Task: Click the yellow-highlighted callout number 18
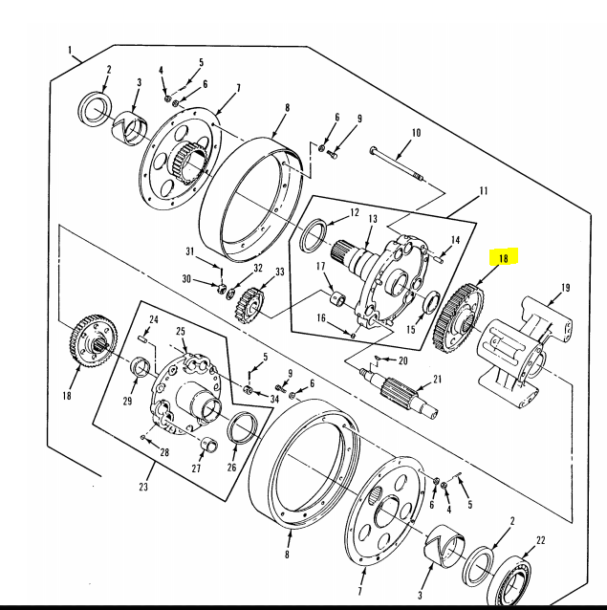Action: point(504,258)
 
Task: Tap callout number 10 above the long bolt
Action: point(416,133)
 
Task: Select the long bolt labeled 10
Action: point(397,164)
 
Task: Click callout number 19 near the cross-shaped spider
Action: point(566,288)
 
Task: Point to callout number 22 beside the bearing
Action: point(540,540)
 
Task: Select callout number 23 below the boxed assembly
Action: point(143,487)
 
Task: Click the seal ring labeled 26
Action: point(242,427)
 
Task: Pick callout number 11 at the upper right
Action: point(484,191)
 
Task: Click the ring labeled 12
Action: point(314,236)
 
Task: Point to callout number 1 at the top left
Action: point(70,50)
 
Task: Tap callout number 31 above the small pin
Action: point(189,251)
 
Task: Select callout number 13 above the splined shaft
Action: point(373,219)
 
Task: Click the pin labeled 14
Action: point(438,258)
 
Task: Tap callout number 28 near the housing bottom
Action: point(164,452)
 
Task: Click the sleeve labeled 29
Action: point(140,366)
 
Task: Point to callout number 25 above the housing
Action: point(181,332)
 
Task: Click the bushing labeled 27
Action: point(209,445)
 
